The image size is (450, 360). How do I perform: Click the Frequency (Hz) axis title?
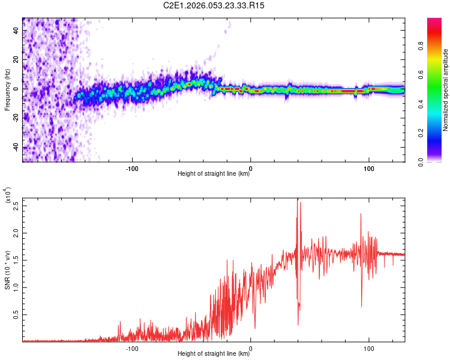[7, 89]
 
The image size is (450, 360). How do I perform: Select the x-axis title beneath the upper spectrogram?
[214, 174]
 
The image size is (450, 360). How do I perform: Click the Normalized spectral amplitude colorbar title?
[446, 90]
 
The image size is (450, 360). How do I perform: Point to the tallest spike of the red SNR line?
[298, 200]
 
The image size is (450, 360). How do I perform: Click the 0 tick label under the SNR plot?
[251, 347]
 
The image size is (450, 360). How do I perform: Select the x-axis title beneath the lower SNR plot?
[214, 354]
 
